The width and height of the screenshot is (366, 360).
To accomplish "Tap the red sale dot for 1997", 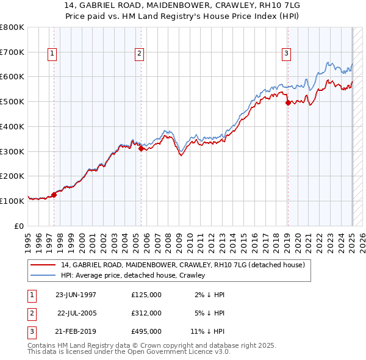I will [54, 195].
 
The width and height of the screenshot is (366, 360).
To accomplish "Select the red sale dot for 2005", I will [141, 148].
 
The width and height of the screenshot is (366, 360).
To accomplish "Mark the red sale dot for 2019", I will [288, 103].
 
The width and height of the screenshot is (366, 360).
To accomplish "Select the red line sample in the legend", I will [43, 265].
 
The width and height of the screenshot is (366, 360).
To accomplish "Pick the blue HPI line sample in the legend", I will [43, 275].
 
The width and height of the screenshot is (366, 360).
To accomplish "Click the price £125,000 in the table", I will [146, 295].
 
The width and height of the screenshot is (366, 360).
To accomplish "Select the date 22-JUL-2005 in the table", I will [78, 313].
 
